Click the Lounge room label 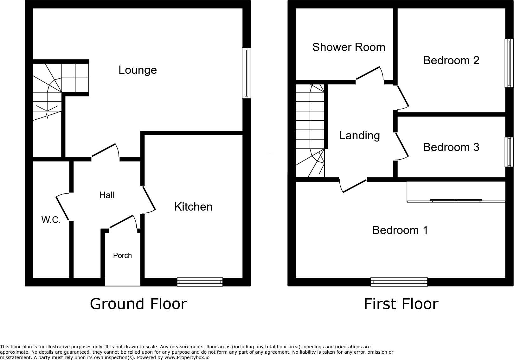click(138, 70)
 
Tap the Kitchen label click(193, 207)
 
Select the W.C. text click(51, 220)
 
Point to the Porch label click(122, 256)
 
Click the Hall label click(107, 195)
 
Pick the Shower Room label click(349, 47)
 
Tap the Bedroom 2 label click(451, 60)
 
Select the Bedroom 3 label click(451, 147)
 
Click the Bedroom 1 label click(400, 230)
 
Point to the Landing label click(359, 136)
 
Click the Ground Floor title click(138, 304)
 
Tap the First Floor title click(401, 304)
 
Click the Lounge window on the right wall click(246, 73)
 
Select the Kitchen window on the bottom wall click(200, 281)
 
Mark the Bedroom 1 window click(399, 281)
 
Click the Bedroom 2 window click(509, 63)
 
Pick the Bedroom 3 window click(509, 152)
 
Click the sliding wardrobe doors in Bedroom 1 click(456, 200)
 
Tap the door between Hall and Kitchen click(149, 199)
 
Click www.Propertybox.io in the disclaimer click(187, 357)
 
